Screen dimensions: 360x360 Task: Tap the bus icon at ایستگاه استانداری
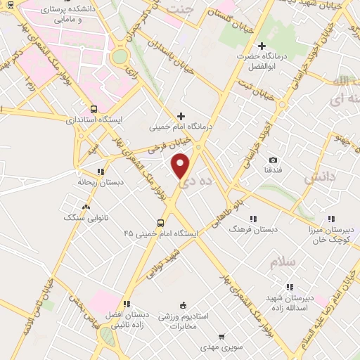point(94,110)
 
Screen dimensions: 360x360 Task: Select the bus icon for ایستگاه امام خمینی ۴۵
point(161,223)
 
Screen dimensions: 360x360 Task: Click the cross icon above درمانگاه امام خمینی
point(181,116)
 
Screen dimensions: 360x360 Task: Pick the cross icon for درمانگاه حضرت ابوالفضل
point(261,46)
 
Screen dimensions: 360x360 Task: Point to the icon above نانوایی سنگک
point(86,207)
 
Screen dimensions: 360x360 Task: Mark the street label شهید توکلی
point(160,269)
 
